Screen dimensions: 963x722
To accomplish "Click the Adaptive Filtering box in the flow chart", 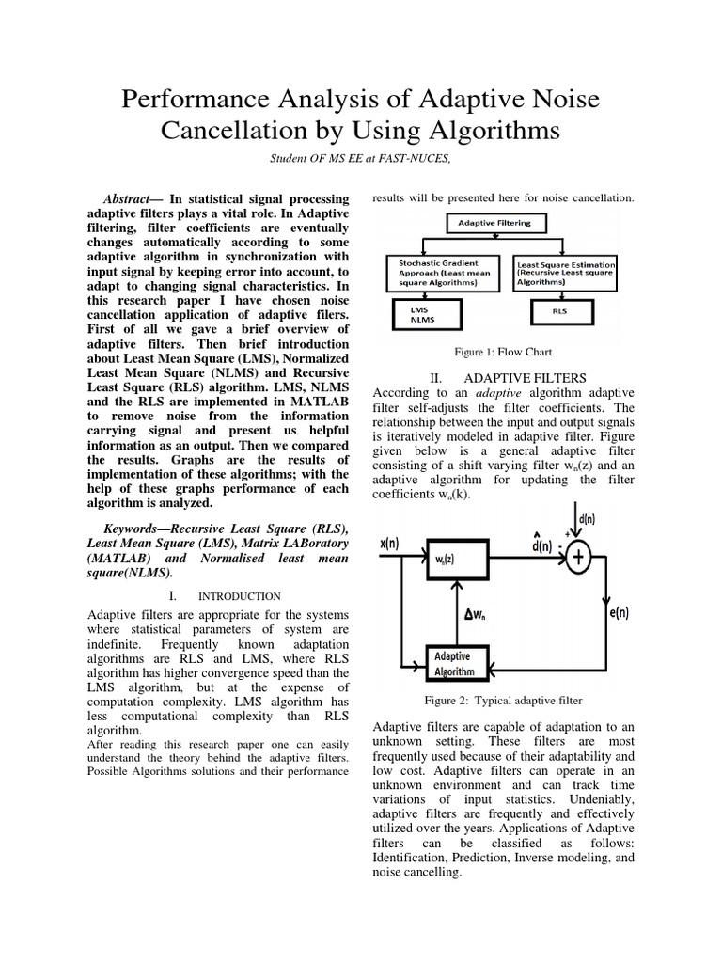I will coord(494,223).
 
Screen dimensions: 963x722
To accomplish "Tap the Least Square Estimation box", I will coord(565,273).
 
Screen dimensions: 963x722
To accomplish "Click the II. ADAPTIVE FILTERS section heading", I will coord(494,377).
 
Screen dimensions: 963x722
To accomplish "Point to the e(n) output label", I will coord(615,614).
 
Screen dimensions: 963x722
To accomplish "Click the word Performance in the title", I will coord(196,100).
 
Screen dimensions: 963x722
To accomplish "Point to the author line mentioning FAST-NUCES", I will coord(361,159).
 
